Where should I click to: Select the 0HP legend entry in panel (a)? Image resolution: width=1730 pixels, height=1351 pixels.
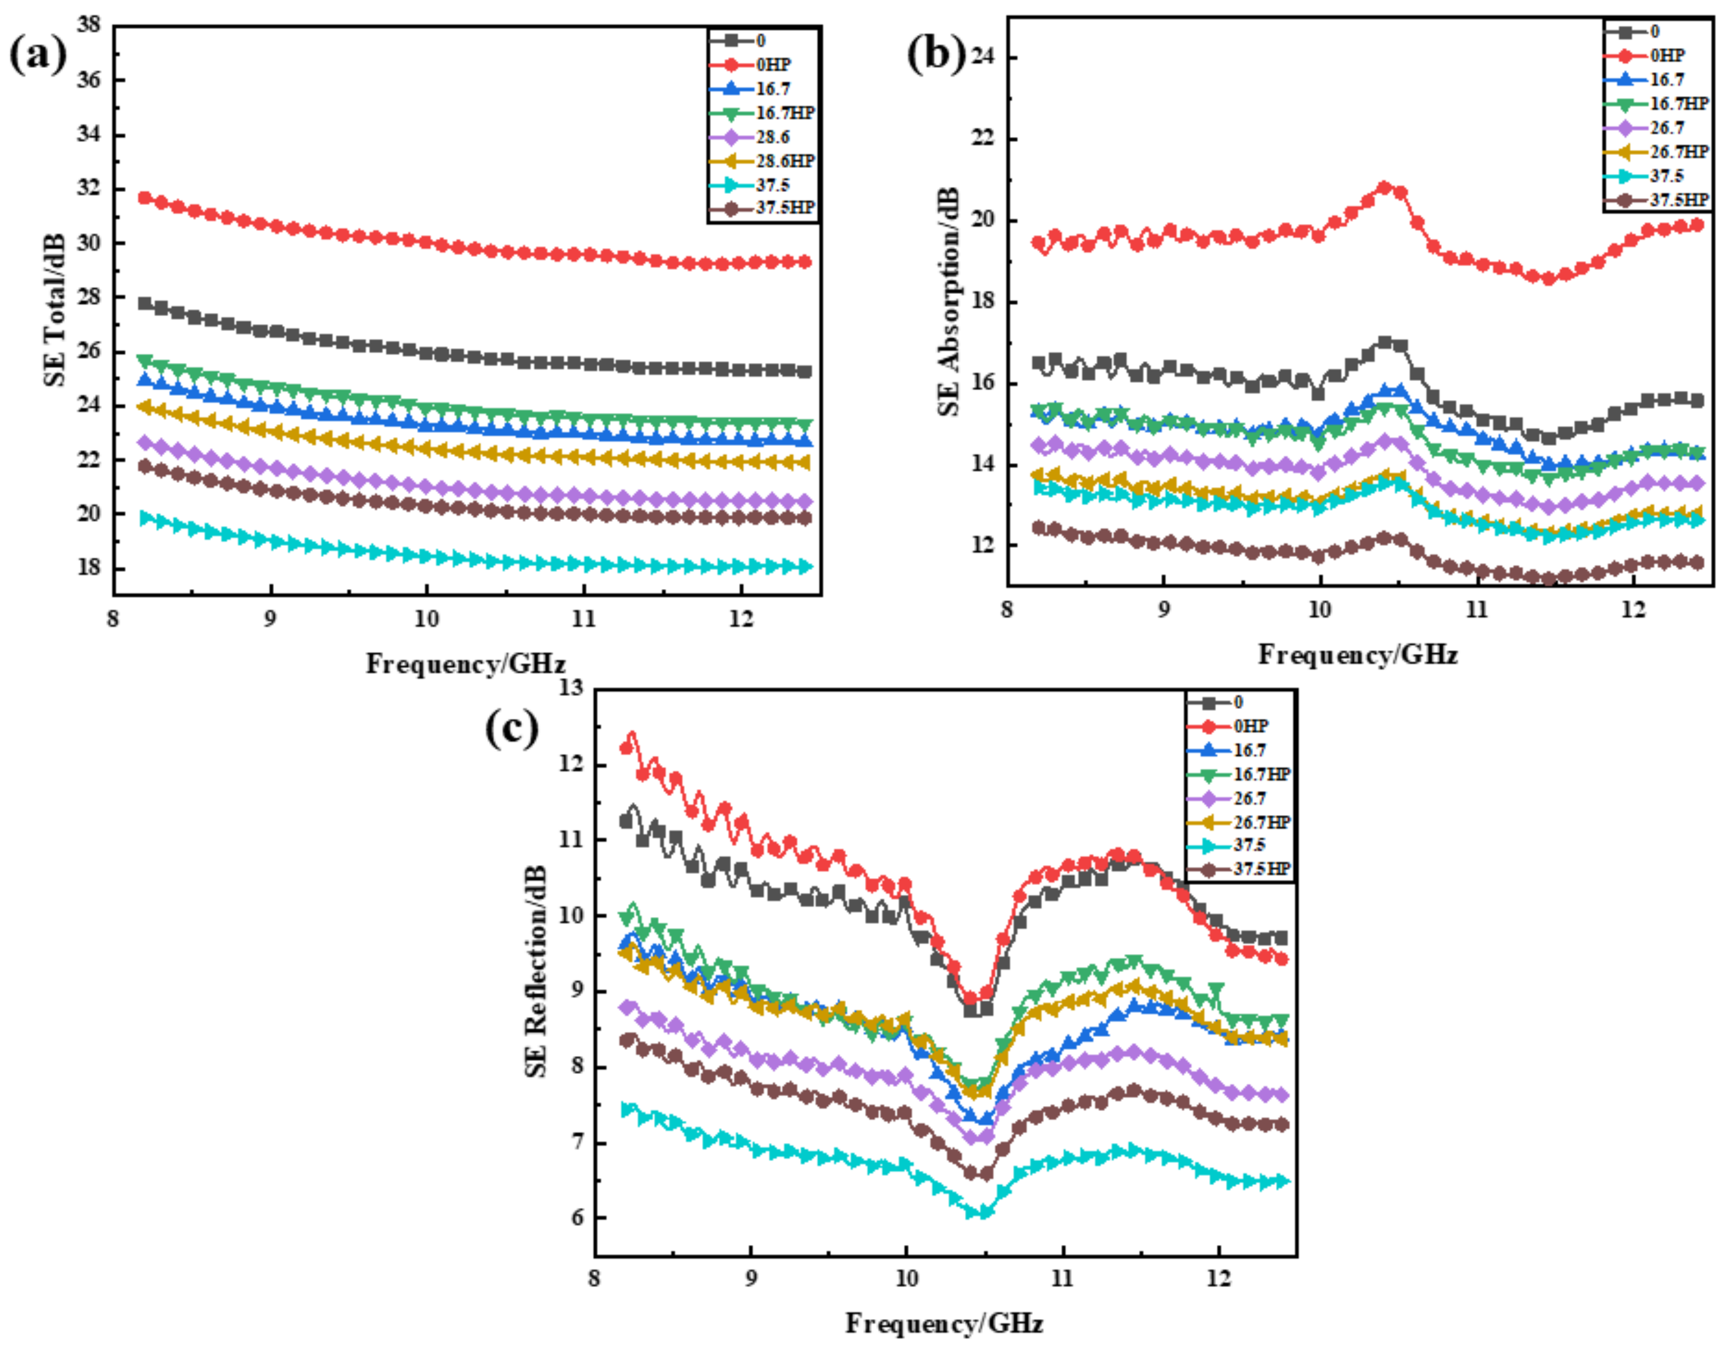tap(772, 65)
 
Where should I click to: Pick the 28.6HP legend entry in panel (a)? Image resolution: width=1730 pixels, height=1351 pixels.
tap(784, 161)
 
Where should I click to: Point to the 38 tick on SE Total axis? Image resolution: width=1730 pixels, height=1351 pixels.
tap(89, 25)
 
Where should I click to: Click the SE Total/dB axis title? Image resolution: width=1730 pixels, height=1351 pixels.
tap(54, 309)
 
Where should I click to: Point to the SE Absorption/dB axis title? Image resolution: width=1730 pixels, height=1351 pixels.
tap(948, 301)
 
